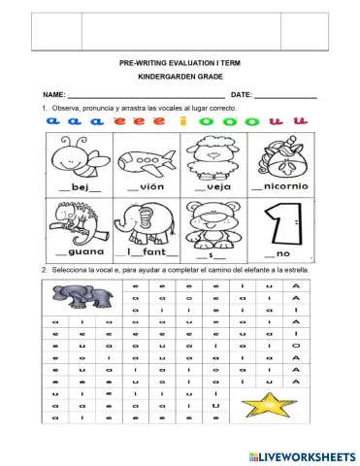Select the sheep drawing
(213, 154)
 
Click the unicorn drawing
(279, 154)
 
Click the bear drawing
(213, 220)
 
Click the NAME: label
(54, 94)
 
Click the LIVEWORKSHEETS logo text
(310, 455)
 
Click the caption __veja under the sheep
(212, 185)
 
